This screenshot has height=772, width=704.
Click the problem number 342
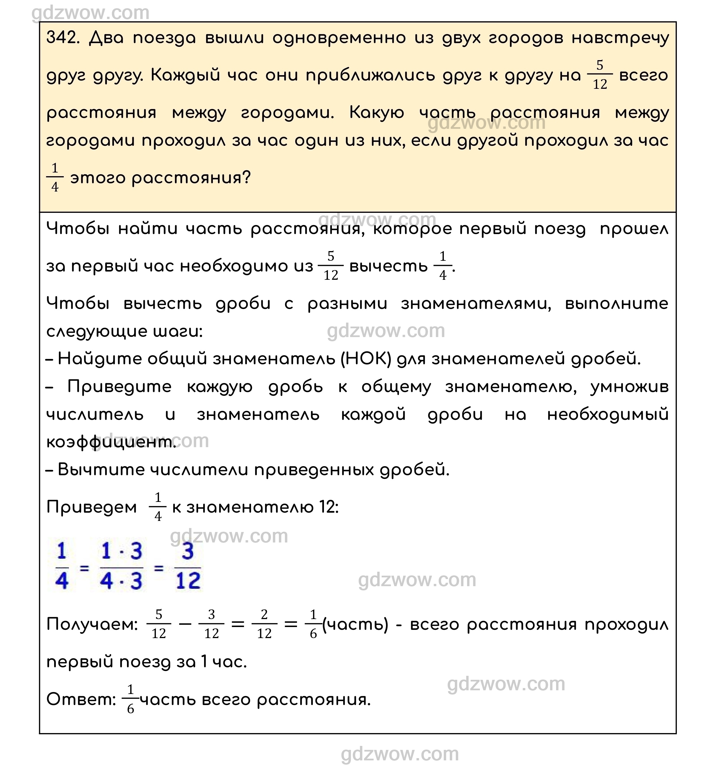[x=62, y=38]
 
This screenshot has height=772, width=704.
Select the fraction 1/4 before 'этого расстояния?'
[x=55, y=178]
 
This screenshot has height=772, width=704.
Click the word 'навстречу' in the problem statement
[x=620, y=38]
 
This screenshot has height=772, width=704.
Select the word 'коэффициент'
[x=109, y=442]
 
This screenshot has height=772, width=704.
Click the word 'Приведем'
[x=92, y=507]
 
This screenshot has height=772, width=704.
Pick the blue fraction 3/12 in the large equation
[x=188, y=566]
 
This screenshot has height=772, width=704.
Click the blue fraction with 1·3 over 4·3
[x=121, y=566]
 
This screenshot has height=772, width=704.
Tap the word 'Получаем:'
[x=92, y=624]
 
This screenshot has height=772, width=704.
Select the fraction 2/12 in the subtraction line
[x=264, y=624]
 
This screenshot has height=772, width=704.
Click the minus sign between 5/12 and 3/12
[x=185, y=624]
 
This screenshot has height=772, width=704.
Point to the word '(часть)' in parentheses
[x=355, y=624]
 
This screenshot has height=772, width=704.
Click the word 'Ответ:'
[x=81, y=700]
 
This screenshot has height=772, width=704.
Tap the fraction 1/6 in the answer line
[x=130, y=700]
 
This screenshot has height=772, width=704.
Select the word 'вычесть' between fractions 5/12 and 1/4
[x=388, y=266]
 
